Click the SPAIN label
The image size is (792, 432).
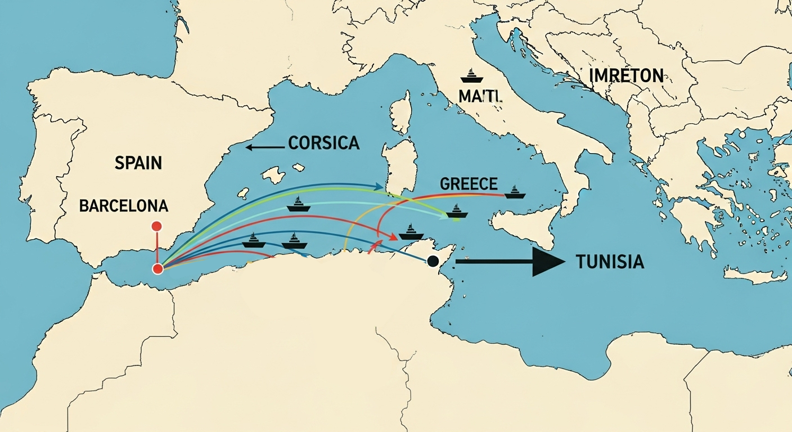(x=138, y=163)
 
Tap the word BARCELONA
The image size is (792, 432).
(x=123, y=205)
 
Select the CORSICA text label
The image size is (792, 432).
(x=323, y=143)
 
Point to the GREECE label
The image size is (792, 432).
(x=469, y=184)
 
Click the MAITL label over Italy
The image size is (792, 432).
(x=480, y=96)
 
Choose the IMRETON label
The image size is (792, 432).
(x=626, y=75)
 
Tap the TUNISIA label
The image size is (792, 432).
(x=610, y=262)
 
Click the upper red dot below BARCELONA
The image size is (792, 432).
(x=157, y=226)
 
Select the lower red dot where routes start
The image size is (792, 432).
(x=158, y=269)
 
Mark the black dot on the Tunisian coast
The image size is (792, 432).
(x=433, y=261)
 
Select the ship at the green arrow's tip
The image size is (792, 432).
(x=457, y=211)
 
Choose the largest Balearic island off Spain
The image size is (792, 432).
(x=274, y=175)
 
